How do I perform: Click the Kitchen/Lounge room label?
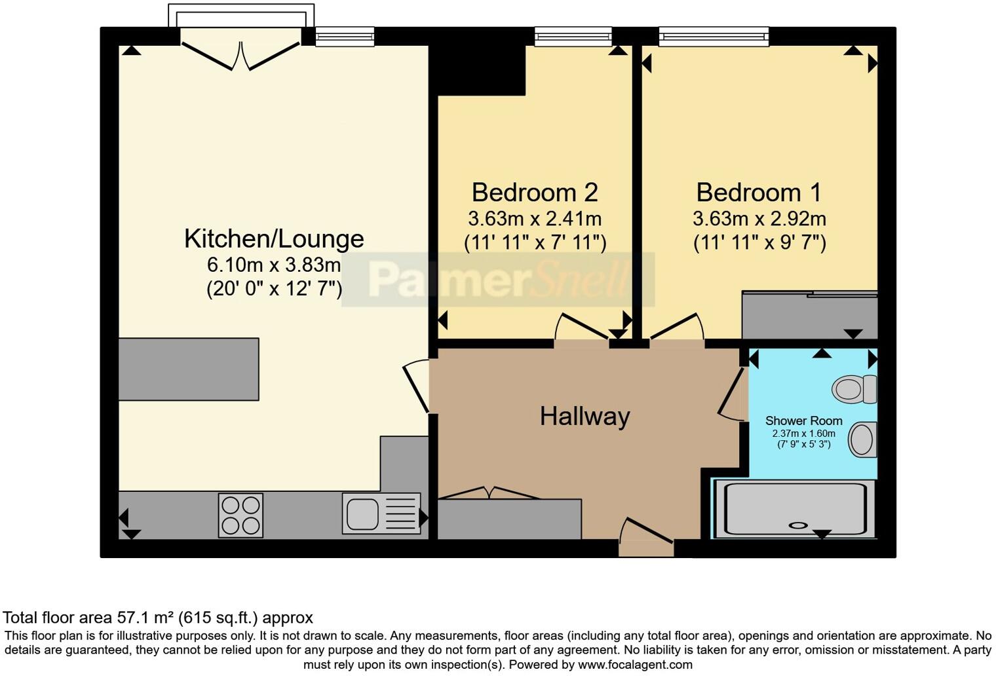(x=274, y=238)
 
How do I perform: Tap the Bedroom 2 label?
(x=534, y=193)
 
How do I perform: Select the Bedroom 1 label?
(x=758, y=193)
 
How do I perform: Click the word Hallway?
(x=584, y=417)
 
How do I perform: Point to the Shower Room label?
(x=803, y=421)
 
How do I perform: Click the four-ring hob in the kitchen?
(x=240, y=516)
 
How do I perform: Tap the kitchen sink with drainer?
(x=381, y=513)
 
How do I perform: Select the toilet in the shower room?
(x=854, y=389)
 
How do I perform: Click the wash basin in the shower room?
(x=862, y=439)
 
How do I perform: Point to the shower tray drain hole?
(x=799, y=525)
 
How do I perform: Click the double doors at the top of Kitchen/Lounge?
(x=240, y=55)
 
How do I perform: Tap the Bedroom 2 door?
(x=582, y=327)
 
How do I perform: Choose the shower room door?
(x=731, y=393)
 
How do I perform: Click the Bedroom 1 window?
(x=714, y=37)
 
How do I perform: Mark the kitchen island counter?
(x=189, y=369)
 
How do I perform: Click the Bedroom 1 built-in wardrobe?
(x=809, y=316)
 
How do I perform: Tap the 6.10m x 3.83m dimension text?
(x=274, y=265)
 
